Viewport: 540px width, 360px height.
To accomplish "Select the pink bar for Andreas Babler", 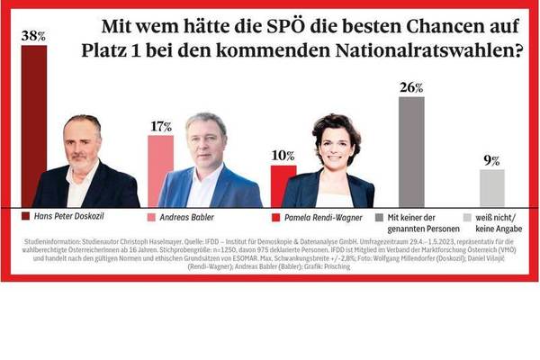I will [x=160, y=171].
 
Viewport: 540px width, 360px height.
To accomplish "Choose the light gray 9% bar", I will [x=491, y=188].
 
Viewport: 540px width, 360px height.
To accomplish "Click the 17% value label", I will [x=161, y=127].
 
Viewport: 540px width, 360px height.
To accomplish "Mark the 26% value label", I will [x=411, y=87].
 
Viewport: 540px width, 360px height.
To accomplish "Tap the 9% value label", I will [x=491, y=160].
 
